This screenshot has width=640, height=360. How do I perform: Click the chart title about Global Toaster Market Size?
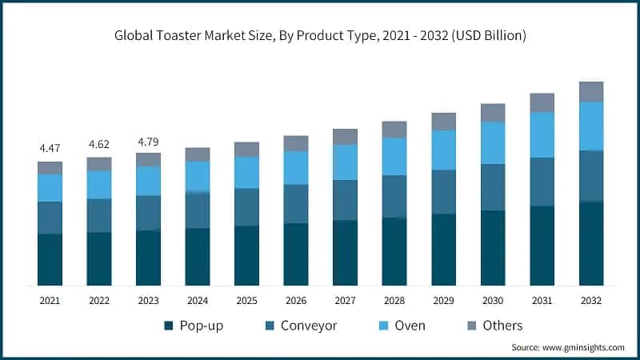coord(320,36)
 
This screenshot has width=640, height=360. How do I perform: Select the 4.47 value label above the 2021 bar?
coord(50,149)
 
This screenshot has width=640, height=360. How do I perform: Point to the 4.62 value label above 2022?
coord(99,145)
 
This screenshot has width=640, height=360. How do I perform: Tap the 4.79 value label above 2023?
coord(148,141)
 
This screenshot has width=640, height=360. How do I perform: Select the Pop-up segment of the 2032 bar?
coord(591,243)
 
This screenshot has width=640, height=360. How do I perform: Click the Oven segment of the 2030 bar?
coord(493,142)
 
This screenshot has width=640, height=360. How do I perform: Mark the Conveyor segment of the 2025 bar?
coord(246,207)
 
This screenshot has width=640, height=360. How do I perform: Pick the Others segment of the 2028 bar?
coord(394,130)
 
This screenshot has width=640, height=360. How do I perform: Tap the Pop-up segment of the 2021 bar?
coord(50,259)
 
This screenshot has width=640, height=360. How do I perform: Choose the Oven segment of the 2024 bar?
coord(198,176)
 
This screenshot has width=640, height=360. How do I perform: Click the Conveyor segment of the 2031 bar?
coord(542,182)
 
